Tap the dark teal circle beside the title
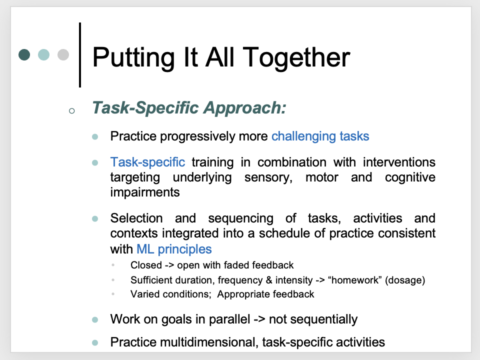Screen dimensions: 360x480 (24, 54)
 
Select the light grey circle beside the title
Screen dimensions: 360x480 (63, 54)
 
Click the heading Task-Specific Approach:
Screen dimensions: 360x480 (189, 108)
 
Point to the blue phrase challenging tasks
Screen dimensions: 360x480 (320, 136)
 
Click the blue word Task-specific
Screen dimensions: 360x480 (147, 162)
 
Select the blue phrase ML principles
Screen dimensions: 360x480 (174, 249)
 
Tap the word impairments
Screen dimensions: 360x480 (145, 192)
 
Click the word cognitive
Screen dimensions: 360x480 (410, 177)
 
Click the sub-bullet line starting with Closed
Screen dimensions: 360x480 (212, 265)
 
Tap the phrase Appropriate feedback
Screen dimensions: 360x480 (265, 294)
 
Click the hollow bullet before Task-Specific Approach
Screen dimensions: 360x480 (71, 110)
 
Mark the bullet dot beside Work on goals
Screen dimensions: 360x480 (95, 319)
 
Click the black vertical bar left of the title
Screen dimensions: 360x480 (80, 55)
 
